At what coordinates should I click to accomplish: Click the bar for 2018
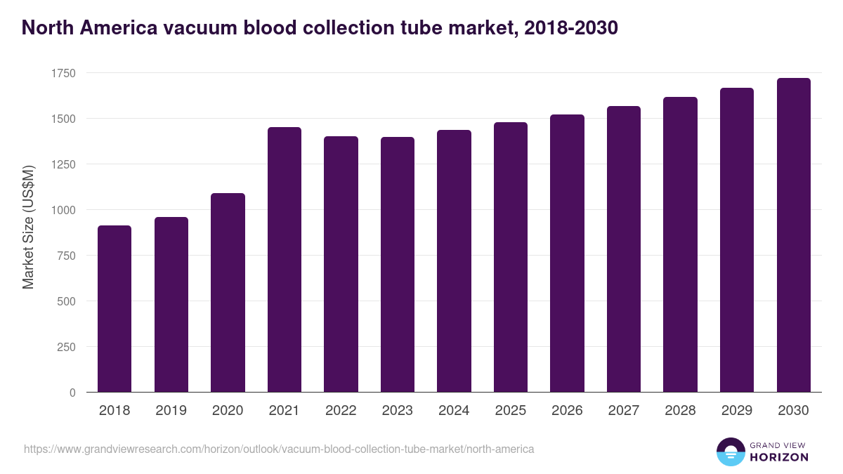coord(115,309)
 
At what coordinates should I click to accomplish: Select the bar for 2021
coord(284,260)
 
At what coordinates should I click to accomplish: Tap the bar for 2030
coord(793,235)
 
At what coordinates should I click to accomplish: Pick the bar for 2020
coord(228,293)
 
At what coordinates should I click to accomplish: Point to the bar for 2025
coord(511,257)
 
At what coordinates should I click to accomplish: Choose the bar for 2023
coord(398,265)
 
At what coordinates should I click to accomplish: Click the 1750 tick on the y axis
coord(63,73)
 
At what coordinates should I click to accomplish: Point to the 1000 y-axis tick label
coord(63,210)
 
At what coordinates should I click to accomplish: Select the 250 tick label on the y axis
coord(66,347)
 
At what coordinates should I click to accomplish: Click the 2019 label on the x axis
coord(171,411)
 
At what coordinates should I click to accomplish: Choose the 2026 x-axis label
coord(567,411)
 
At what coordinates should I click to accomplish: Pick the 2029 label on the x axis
coord(737,411)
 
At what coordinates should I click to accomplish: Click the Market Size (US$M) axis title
coord(28,226)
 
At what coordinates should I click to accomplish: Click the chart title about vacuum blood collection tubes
coord(320,27)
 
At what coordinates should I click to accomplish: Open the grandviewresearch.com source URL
coord(279,449)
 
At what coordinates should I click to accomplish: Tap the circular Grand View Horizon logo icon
coord(730,452)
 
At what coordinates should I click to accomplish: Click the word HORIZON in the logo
coord(779,457)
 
